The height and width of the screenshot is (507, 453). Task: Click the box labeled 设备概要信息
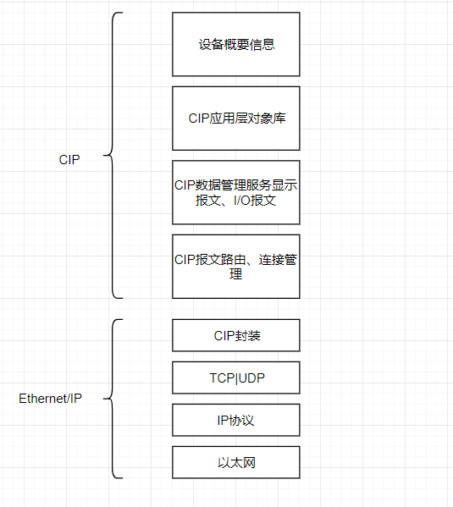point(235,44)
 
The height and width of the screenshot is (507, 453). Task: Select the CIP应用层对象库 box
point(235,118)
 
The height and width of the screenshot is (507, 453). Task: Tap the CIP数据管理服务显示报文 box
point(235,192)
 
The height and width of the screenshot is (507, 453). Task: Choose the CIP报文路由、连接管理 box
point(235,266)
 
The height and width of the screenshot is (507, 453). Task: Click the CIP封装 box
point(235,335)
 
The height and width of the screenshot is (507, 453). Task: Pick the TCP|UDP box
point(235,377)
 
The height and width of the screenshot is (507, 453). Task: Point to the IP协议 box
point(235,420)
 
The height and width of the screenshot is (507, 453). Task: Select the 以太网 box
point(235,462)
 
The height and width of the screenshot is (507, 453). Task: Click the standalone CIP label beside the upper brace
point(69,159)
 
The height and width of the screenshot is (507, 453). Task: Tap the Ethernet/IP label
point(50,399)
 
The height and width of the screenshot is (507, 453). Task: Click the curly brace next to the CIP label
point(113,156)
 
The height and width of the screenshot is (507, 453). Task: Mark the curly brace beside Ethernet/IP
point(113,398)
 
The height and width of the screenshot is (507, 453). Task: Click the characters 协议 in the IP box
point(242,420)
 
